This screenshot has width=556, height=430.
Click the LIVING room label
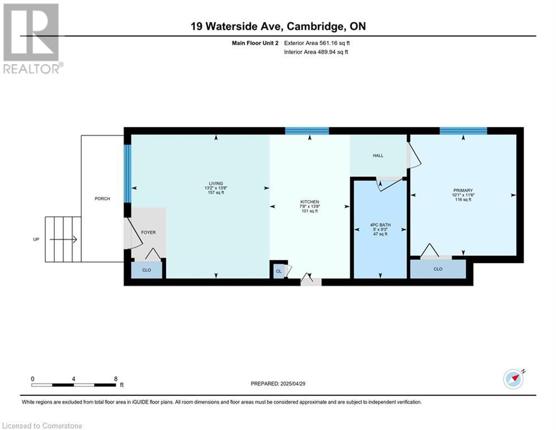216,184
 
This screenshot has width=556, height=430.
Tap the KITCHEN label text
309,202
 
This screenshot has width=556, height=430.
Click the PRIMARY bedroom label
463,191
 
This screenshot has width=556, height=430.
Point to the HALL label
378,156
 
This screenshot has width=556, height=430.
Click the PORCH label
102,199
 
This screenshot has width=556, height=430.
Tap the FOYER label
148,232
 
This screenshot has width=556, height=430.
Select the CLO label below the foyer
146,269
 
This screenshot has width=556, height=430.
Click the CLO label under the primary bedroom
438,269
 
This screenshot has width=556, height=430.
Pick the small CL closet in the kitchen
278,271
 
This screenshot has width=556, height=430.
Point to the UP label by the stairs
36,240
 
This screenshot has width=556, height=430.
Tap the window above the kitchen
307,131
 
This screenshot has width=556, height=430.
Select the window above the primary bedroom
463,131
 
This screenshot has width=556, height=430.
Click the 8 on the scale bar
116,378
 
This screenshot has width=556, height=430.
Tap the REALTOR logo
31,39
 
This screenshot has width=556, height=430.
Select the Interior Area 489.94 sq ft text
317,52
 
